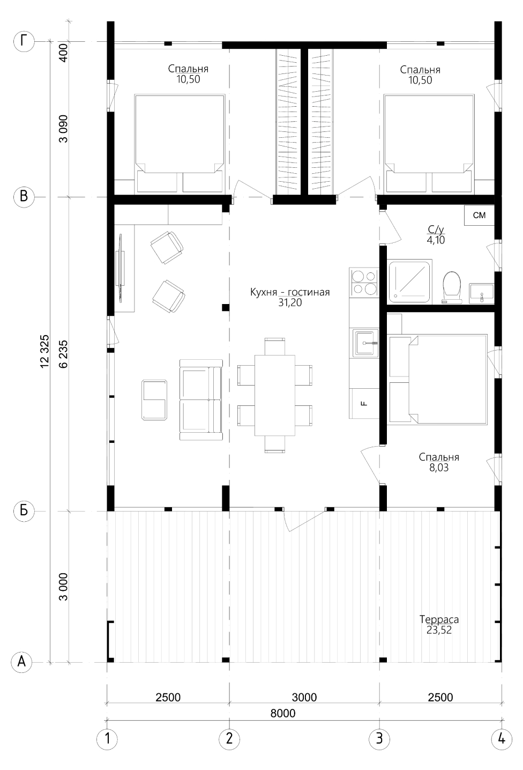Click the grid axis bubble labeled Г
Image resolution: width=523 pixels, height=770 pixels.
click(x=24, y=42)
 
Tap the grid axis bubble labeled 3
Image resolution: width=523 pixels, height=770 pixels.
click(x=379, y=738)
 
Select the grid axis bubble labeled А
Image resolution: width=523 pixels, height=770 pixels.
click(x=22, y=661)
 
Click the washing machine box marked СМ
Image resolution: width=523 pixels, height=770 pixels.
click(x=480, y=215)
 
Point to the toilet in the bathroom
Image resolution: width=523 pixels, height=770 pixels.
click(x=451, y=287)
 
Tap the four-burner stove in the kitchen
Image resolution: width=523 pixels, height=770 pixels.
click(x=364, y=283)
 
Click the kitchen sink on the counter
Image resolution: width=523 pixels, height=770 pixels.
click(x=364, y=343)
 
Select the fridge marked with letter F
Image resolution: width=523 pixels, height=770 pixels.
click(x=364, y=403)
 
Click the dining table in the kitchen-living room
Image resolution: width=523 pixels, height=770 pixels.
click(x=275, y=395)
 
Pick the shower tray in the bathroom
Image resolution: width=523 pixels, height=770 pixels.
click(x=409, y=282)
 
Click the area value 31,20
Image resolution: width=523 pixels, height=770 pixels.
click(x=290, y=303)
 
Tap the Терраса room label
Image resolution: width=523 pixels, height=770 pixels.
click(x=439, y=620)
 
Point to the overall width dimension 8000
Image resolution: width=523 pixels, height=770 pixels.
click(x=283, y=713)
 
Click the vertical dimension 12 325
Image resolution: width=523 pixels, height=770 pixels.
click(x=44, y=352)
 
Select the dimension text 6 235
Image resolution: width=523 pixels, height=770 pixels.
click(x=63, y=354)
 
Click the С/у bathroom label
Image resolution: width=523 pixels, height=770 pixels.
click(x=436, y=229)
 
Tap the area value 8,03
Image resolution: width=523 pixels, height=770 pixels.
click(x=439, y=468)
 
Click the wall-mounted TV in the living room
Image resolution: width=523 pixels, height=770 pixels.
click(x=121, y=269)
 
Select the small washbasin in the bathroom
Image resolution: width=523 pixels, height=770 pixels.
click(x=482, y=294)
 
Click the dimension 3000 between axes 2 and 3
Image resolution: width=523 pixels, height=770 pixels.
click(x=304, y=697)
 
